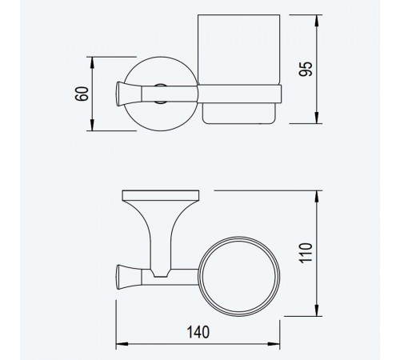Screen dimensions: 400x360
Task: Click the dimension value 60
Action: (82, 94)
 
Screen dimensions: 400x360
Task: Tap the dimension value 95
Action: (306, 69)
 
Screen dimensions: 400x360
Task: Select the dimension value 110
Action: (306, 253)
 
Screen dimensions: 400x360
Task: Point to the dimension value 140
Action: (198, 332)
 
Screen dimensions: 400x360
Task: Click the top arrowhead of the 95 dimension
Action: (317, 21)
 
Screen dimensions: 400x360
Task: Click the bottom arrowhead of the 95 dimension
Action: (317, 118)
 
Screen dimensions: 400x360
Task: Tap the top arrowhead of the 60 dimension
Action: (92, 62)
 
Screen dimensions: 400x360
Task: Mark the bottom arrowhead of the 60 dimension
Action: (92, 125)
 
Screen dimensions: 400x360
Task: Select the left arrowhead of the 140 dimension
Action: (122, 344)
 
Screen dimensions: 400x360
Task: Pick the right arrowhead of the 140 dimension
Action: (274, 344)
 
